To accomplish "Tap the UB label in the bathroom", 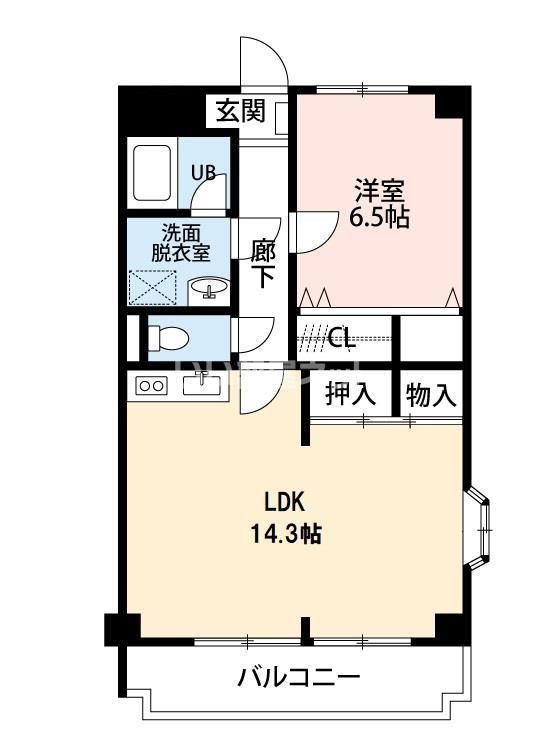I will click(203, 172).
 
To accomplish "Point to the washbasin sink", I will click(209, 288).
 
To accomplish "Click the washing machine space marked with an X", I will click(153, 287).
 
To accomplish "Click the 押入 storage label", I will click(350, 393).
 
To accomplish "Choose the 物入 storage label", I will click(431, 394).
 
